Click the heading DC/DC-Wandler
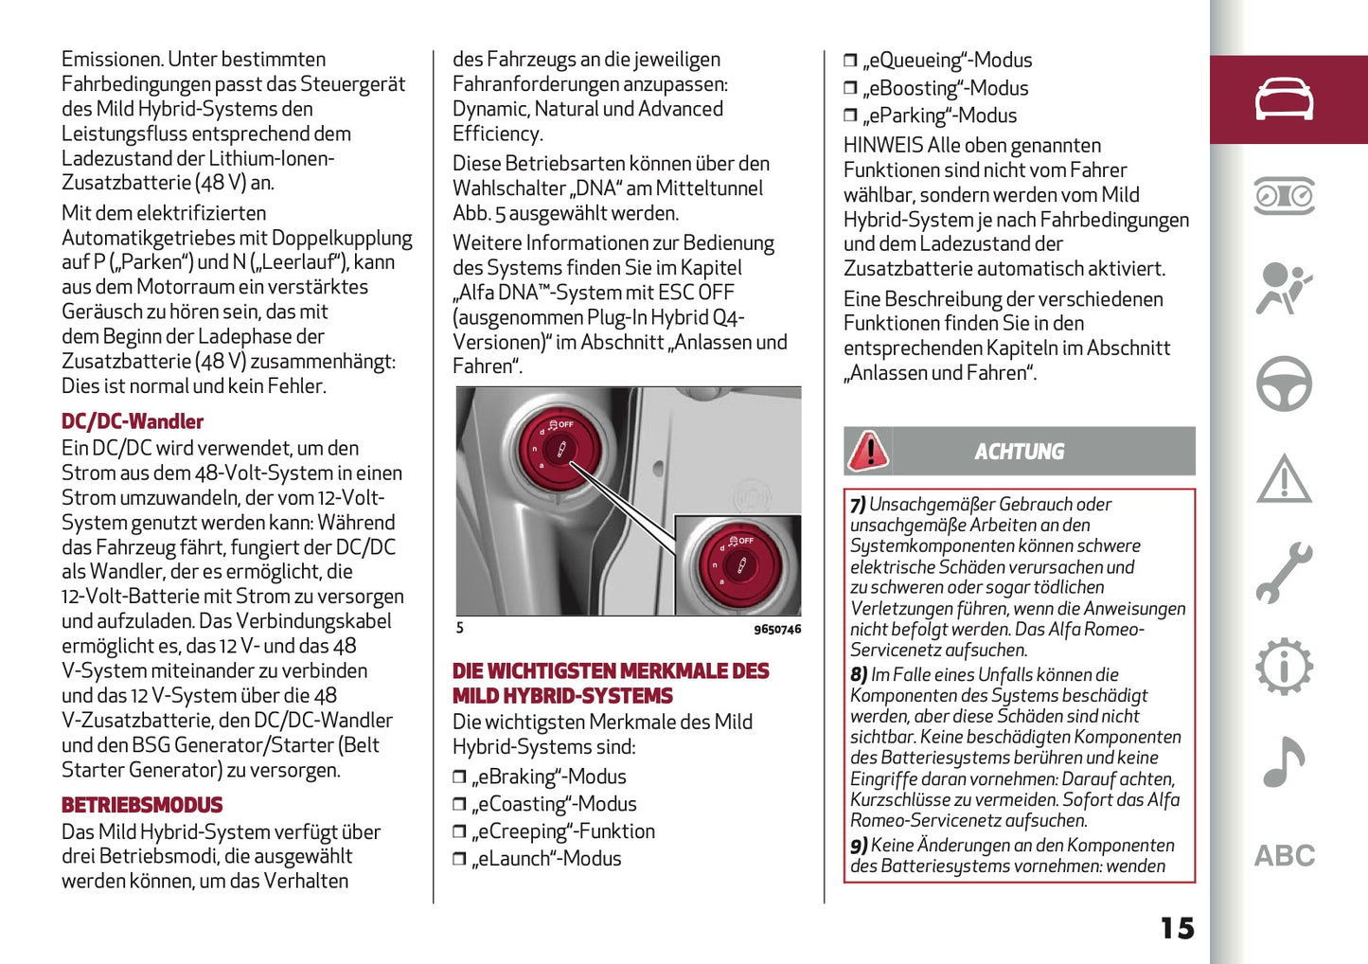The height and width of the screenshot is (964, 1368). [x=133, y=421]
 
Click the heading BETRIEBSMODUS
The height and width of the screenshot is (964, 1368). [x=142, y=805]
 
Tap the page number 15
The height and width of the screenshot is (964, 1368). [x=1177, y=928]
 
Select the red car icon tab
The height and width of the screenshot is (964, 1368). [x=1284, y=99]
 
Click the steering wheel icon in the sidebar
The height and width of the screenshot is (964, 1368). [x=1284, y=384]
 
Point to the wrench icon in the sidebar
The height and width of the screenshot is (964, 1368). [x=1284, y=573]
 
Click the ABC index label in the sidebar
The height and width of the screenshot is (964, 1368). [x=1285, y=856]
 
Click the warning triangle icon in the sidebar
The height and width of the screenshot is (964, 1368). [x=1284, y=478]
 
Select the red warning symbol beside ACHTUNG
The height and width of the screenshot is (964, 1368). [x=868, y=451]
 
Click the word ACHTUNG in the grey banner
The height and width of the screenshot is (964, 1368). [x=1020, y=452]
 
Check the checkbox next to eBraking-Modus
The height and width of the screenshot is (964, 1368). [x=459, y=777]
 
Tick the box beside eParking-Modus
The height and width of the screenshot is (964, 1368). [x=850, y=116]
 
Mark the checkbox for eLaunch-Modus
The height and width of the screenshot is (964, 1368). [x=459, y=860]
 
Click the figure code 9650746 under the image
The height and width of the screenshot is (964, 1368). [x=777, y=629]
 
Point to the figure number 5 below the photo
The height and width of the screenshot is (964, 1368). [x=460, y=628]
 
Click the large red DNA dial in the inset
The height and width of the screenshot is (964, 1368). [x=738, y=565]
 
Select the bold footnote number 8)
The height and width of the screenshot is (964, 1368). [x=859, y=675]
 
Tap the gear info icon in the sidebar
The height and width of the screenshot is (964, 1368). [x=1284, y=667]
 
